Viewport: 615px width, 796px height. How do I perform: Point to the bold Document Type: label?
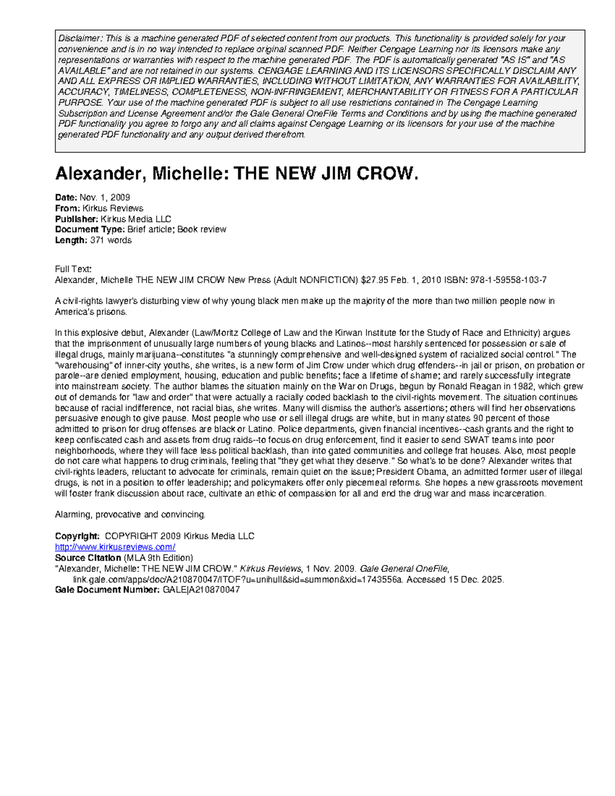click(x=90, y=230)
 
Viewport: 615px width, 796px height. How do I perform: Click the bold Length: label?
click(x=71, y=240)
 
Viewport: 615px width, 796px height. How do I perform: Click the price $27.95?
click(x=374, y=280)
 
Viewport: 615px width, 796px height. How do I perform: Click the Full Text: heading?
click(x=73, y=269)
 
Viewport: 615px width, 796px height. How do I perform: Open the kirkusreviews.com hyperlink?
click(x=115, y=547)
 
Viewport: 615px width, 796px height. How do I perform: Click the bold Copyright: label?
click(x=77, y=536)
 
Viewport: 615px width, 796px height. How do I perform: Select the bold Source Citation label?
click(x=88, y=558)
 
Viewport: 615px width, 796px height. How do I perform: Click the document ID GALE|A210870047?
click(x=201, y=590)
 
